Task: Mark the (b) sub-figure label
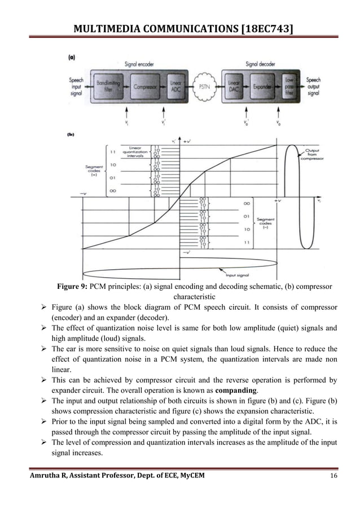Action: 71,135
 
